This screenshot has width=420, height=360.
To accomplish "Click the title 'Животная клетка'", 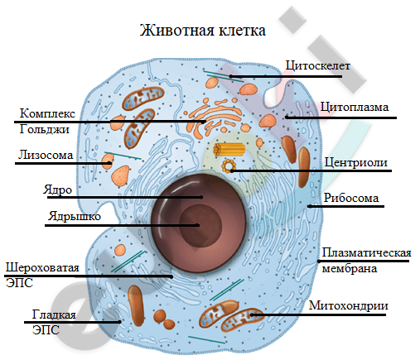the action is click(203, 31).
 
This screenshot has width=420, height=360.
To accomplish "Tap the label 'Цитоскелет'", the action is click(317, 65).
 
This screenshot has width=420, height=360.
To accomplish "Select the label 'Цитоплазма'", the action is click(355, 107).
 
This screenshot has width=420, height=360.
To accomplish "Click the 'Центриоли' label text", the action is click(355, 162).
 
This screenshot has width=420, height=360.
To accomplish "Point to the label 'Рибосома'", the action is click(351, 198).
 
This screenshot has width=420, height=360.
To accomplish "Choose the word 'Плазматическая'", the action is click(366, 252).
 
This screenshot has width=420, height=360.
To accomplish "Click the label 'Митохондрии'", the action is click(349, 305).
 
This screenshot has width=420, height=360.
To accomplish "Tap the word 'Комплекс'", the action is click(47, 113).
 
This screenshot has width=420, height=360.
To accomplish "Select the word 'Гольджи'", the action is click(45, 129).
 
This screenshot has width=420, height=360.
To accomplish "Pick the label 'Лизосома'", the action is click(46, 155).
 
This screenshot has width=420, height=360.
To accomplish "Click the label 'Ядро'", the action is click(57, 190).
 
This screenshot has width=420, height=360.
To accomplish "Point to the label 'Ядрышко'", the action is click(75, 216).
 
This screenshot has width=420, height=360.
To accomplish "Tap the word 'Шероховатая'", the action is click(42, 267).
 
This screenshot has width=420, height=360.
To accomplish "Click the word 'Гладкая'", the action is click(54, 314).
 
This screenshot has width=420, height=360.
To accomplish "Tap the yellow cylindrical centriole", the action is click(229, 149).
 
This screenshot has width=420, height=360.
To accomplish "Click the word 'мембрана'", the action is click(350, 268).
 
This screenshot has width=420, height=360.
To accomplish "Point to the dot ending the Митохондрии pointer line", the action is click(252, 314).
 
